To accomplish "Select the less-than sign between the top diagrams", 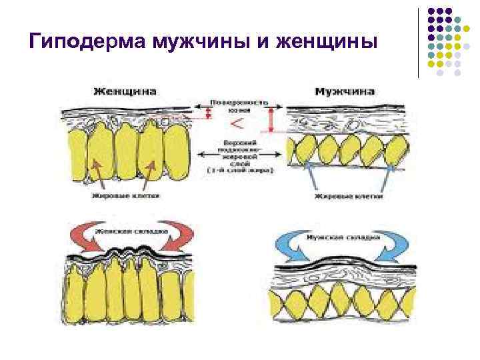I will [x=237, y=124].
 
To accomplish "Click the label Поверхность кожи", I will [x=239, y=107].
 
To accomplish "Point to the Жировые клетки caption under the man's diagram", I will [x=348, y=197].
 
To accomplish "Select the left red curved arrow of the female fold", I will [x=83, y=237].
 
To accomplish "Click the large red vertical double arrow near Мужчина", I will [x=271, y=121].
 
